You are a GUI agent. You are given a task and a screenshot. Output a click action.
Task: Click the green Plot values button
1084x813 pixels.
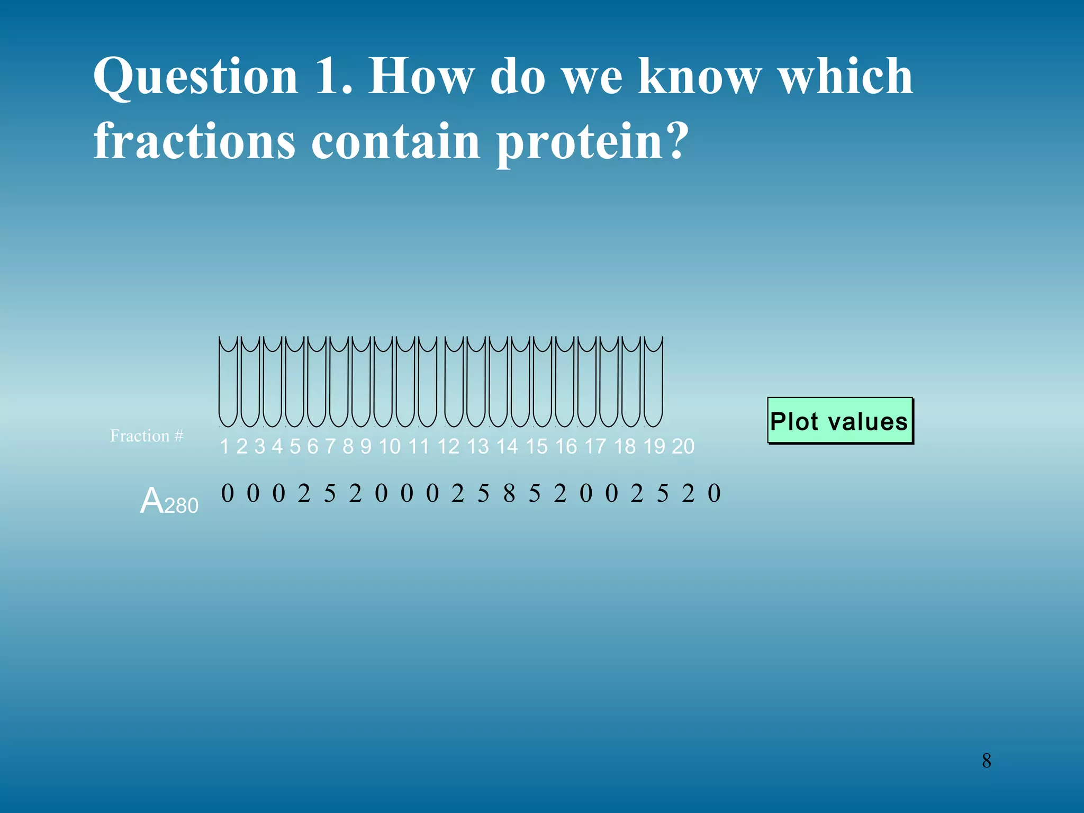(840, 421)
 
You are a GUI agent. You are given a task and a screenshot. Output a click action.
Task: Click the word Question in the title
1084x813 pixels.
(196, 77)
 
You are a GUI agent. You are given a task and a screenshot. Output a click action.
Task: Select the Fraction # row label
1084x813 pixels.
(147, 436)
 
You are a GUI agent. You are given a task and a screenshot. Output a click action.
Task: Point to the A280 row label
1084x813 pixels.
(169, 501)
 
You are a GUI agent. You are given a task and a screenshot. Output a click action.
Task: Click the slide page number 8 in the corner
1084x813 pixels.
(987, 761)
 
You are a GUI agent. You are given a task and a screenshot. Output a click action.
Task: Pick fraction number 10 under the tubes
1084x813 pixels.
(390, 447)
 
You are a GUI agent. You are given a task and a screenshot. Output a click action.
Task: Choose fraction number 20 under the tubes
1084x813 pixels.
(683, 447)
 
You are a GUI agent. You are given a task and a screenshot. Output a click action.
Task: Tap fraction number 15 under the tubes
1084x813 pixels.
(536, 447)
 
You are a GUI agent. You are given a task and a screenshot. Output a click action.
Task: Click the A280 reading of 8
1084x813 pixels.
(509, 493)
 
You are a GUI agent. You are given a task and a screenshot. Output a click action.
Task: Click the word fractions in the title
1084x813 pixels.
(194, 142)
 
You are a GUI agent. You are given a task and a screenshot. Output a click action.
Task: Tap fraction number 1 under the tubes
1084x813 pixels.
(225, 447)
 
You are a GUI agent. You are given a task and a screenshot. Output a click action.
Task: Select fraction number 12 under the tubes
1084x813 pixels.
(448, 447)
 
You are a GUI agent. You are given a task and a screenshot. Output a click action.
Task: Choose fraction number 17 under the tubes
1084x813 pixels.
(595, 447)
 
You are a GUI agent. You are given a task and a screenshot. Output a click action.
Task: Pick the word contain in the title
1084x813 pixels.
(395, 142)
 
